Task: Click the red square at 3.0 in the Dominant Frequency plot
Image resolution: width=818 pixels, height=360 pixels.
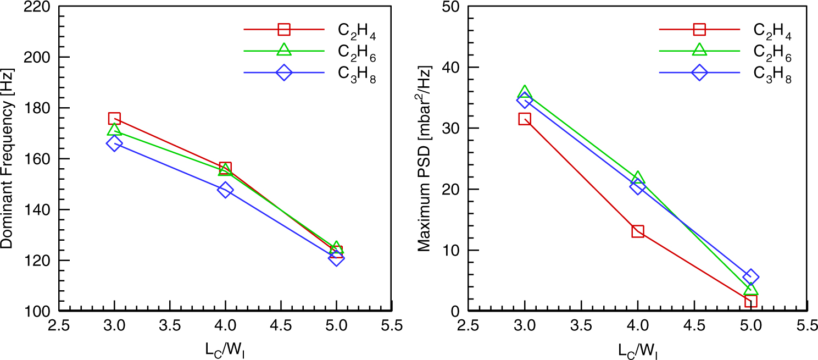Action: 114,118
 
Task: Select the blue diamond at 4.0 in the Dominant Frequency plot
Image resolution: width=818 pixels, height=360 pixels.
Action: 225,191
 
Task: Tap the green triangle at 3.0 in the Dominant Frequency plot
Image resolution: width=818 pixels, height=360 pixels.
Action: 114,130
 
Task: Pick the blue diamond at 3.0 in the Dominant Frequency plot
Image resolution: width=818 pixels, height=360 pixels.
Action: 114,143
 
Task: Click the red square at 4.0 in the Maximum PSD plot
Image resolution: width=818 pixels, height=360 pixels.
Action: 637,231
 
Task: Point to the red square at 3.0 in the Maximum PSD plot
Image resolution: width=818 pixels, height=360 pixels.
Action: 525,119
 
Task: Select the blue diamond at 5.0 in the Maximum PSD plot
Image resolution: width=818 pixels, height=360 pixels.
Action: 750,277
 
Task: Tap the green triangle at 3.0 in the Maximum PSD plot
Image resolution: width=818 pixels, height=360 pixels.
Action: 525,92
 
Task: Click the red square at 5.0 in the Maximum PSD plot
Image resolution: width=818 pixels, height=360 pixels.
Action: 750,300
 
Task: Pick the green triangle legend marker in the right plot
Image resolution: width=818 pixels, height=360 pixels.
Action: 699,50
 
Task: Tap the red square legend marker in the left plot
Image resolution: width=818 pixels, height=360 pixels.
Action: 283,30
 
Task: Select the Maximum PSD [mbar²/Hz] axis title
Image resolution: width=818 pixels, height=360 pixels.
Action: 425,159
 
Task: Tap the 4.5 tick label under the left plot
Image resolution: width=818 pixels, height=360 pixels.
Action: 281,325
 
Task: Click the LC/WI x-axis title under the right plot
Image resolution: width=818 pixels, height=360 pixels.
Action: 637,350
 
